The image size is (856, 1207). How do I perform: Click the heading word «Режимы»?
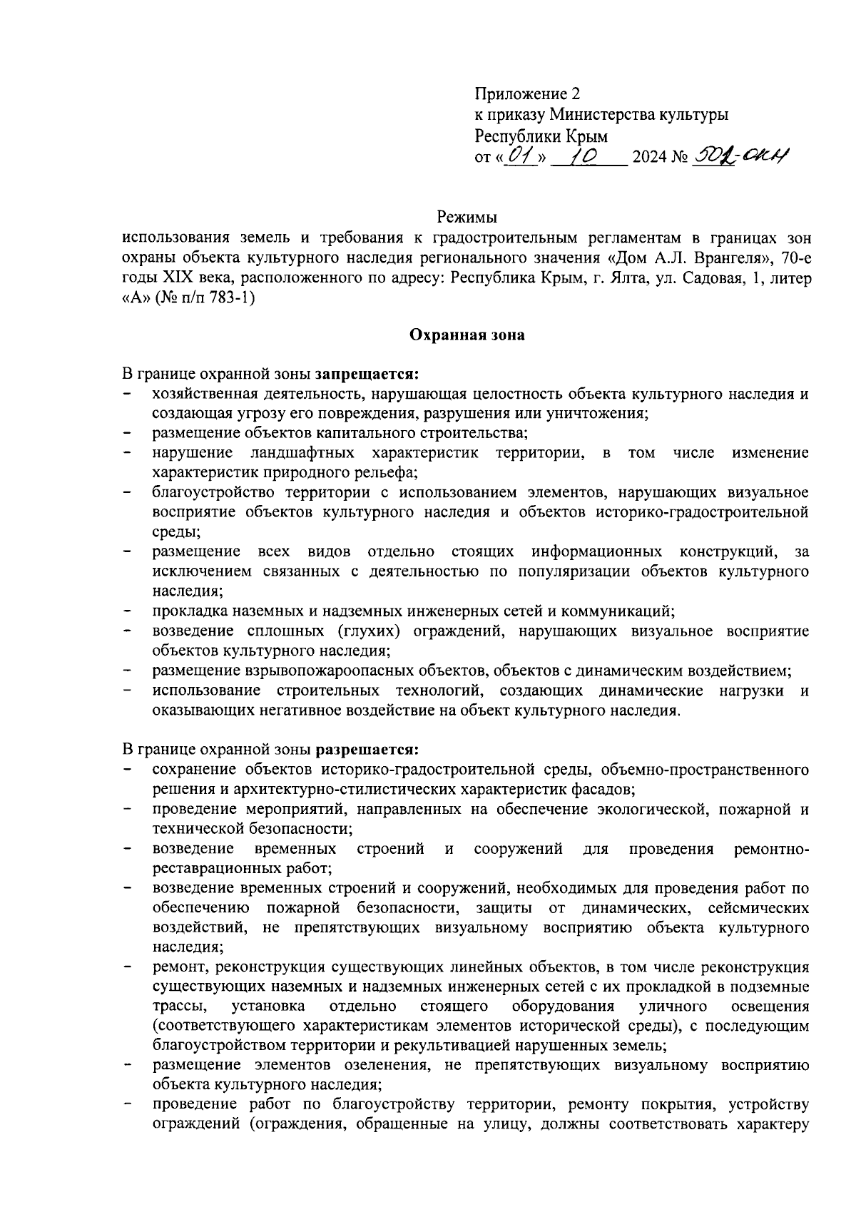click(467, 216)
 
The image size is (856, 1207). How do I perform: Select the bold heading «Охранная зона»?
click(467, 335)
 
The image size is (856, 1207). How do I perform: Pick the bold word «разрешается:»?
click(367, 750)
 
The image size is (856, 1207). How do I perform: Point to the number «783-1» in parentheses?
click(228, 298)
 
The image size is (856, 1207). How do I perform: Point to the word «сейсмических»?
click(759, 908)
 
